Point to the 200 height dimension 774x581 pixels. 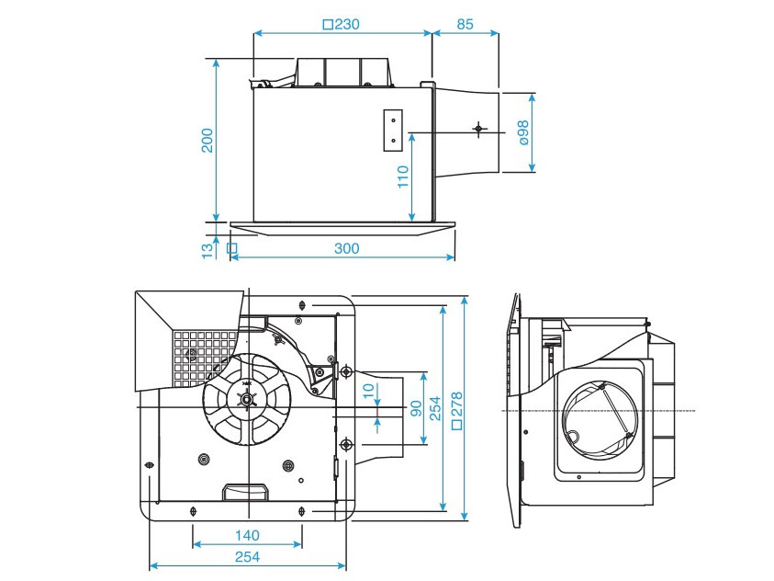[x=208, y=140]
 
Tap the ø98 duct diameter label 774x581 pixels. [x=522, y=132]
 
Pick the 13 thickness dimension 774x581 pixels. [x=208, y=247]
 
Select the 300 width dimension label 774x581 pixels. [x=346, y=248]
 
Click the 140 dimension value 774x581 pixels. [x=246, y=535]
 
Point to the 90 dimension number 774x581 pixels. [x=415, y=408]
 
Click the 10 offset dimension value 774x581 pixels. [x=369, y=391]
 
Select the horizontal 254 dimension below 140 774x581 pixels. [x=246, y=557]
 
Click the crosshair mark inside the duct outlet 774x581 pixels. [x=477, y=129]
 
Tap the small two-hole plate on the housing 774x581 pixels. [x=392, y=130]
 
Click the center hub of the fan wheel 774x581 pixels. [x=245, y=399]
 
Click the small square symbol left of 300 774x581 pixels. [x=231, y=248]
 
